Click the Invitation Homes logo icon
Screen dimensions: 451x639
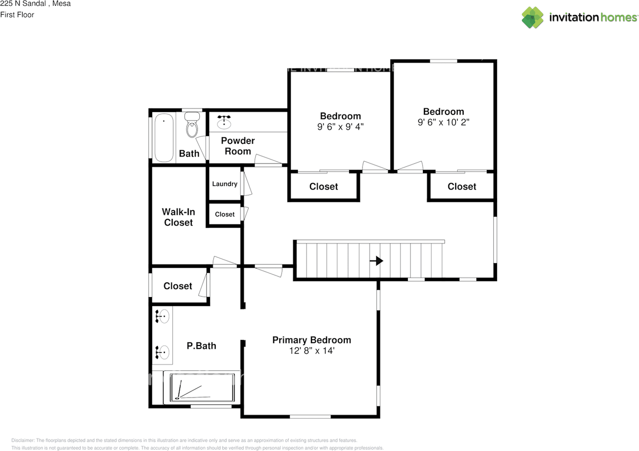(x=533, y=17)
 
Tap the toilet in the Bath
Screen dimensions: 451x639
(x=192, y=126)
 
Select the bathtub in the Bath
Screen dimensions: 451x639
(x=163, y=138)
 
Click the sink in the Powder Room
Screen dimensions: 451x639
(x=224, y=121)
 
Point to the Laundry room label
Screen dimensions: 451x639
(x=225, y=183)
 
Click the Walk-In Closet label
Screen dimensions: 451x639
(x=178, y=217)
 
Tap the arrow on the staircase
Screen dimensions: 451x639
(x=378, y=260)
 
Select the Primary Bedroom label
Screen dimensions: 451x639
(x=312, y=340)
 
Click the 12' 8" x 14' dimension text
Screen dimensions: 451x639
(x=312, y=351)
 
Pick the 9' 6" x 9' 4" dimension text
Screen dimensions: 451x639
(x=340, y=127)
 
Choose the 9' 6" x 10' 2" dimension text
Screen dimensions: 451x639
(x=443, y=122)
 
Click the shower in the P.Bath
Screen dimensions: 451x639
(x=202, y=388)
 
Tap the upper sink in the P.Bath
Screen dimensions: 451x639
(x=162, y=316)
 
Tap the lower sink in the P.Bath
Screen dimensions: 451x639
(x=162, y=352)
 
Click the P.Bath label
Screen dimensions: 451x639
(x=201, y=345)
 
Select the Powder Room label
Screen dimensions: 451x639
(x=238, y=146)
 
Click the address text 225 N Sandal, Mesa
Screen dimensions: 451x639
(x=35, y=4)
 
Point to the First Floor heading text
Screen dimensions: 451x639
(x=17, y=14)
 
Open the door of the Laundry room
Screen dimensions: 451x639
(x=247, y=183)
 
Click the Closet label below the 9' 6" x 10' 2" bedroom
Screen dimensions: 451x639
(x=462, y=186)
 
